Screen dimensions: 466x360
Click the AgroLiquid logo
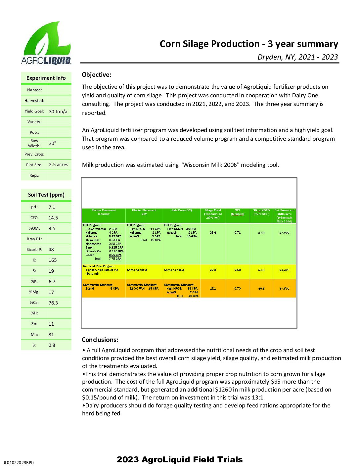click(x=46, y=43)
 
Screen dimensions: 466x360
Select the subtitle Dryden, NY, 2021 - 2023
click(x=297, y=57)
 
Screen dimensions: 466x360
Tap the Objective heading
click(x=97, y=75)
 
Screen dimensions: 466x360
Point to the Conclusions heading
click(x=100, y=340)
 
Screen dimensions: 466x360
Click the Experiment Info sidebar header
click(x=46, y=78)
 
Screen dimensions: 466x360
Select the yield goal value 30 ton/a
click(x=58, y=112)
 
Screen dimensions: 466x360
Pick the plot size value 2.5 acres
click(x=58, y=164)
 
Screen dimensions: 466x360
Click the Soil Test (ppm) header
click(x=46, y=195)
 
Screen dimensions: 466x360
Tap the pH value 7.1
click(x=52, y=207)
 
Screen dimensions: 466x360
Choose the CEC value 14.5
click(x=53, y=218)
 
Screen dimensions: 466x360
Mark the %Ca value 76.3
click(x=53, y=303)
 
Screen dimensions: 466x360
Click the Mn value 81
click(x=51, y=335)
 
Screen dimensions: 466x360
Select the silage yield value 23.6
click(x=213, y=233)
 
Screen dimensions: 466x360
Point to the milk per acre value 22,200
click(x=284, y=270)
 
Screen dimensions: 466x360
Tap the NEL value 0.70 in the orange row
click(x=238, y=289)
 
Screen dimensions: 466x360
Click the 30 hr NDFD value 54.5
click(x=261, y=270)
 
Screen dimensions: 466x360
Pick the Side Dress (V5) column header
click(x=182, y=210)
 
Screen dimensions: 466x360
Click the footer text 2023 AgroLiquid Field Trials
click(x=180, y=459)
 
